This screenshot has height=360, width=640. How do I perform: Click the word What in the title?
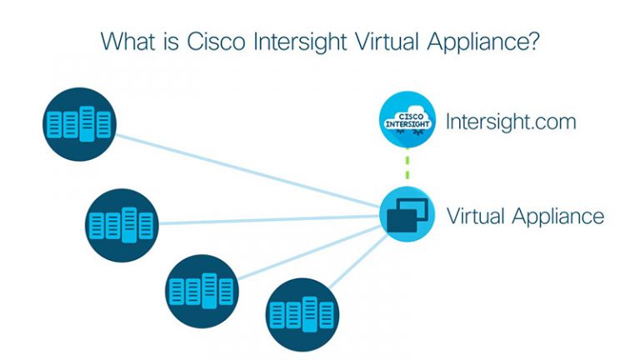coord(131,41)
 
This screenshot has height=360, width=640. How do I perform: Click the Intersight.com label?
coord(509,122)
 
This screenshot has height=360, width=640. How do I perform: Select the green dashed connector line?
coord(407,166)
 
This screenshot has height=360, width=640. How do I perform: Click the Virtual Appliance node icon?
coord(407,214)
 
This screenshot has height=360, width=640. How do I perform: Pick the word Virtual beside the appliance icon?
coord(476,216)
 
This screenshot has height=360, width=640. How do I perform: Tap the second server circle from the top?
coord(122,224)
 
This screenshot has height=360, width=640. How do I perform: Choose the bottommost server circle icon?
coord(302,313)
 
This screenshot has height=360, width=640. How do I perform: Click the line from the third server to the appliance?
coord(308,251)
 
